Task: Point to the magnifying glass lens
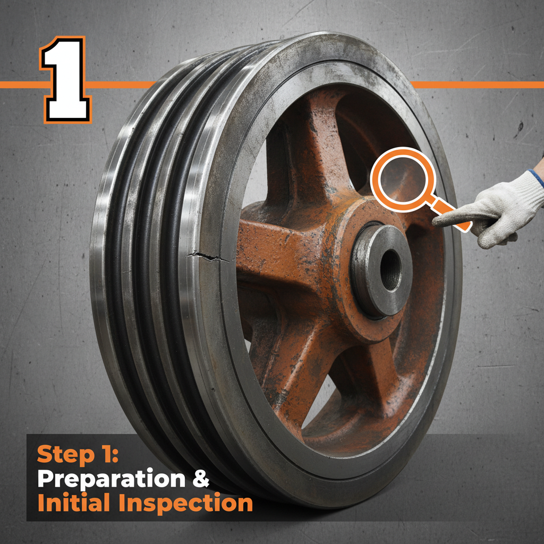(402, 178)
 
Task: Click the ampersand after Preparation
(200, 479)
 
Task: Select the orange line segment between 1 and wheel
(120, 84)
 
